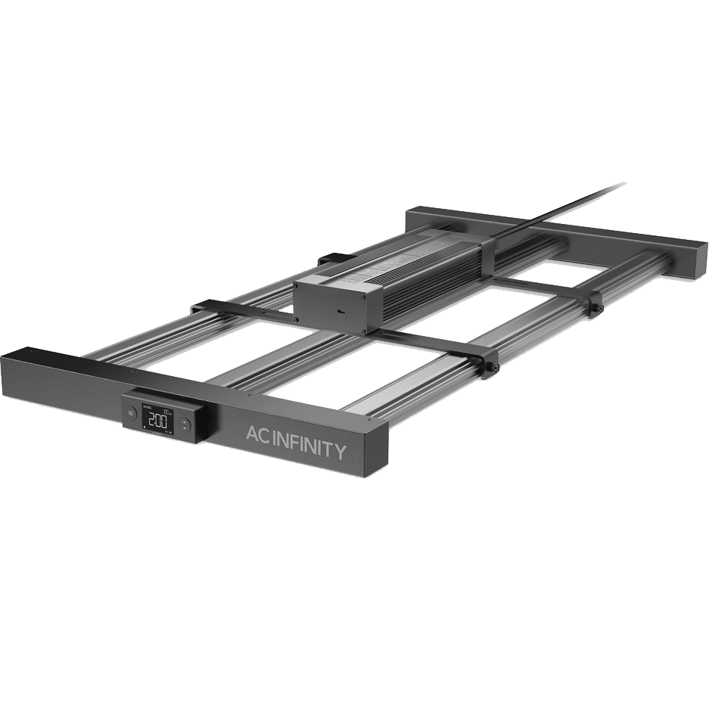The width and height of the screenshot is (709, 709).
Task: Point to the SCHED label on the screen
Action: point(146,408)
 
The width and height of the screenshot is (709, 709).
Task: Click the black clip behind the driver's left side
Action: point(331,258)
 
